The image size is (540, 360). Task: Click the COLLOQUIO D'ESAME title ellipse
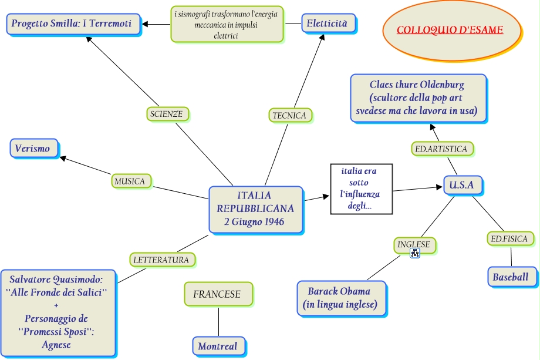pos(451,30)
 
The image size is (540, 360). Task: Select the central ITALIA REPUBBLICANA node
pos(255,208)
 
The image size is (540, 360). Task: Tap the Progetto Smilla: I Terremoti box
pos(73,24)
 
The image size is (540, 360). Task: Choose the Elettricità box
pos(328,23)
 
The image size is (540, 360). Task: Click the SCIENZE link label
pos(167,114)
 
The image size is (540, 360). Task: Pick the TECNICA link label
pos(289,115)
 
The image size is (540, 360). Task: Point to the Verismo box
pos(33,148)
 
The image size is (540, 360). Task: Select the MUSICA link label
pos(130,181)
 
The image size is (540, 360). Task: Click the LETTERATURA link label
pos(161,259)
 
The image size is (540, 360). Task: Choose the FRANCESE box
pos(217,294)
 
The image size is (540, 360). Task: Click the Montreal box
pos(218,346)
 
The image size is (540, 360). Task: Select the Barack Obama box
pos(339,298)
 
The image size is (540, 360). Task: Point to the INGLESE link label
pos(414,244)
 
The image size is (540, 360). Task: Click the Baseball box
pos(511,277)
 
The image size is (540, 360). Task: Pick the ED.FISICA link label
pos(510,238)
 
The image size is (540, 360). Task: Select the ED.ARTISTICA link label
pos(441,149)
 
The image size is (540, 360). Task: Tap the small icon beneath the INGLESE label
pos(415,254)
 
